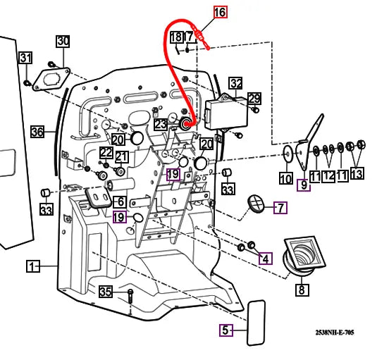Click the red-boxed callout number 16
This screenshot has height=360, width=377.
coord(221,12)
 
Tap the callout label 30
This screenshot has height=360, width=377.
coord(63,42)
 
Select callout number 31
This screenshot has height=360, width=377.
coord(26,58)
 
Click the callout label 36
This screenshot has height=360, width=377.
coord(37,132)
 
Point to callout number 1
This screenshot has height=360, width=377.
coord(33,266)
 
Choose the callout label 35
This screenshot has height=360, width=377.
coord(106,292)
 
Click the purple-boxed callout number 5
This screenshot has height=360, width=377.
coord(226,330)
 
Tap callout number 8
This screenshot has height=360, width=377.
coord(302,290)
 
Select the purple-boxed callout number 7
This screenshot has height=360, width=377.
coord(280,208)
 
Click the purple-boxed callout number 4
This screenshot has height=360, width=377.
coord(266,259)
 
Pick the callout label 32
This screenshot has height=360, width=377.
coord(236,83)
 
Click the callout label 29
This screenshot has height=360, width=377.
coord(254,99)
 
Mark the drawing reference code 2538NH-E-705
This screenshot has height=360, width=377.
coord(335,333)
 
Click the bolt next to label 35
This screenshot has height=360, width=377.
coord(130,297)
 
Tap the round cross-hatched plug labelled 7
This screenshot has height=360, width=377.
coord(256,204)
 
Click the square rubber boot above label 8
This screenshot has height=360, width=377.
coord(304,256)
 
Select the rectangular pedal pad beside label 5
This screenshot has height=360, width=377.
coord(257,323)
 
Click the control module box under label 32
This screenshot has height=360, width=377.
coord(226,112)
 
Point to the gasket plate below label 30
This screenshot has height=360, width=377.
coord(51,80)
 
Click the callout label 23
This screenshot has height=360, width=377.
coord(161,125)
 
